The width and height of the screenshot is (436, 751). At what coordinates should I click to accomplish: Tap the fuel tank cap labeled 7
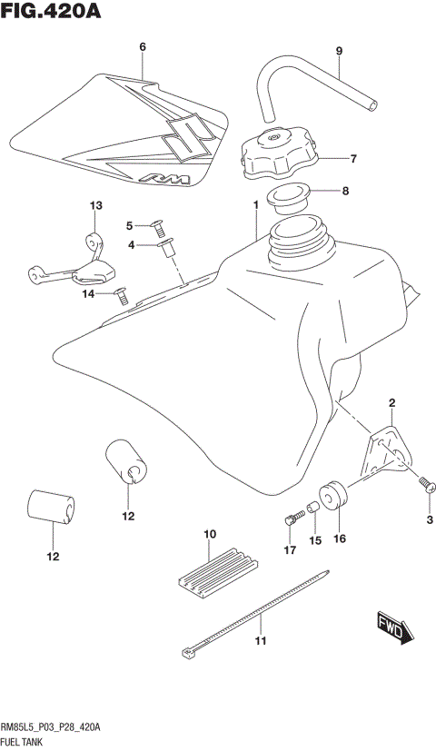277,155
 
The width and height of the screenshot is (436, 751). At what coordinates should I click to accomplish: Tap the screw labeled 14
122,292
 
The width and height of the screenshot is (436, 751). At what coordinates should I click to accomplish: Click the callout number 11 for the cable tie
260,643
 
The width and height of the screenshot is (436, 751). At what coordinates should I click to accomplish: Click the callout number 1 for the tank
256,206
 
